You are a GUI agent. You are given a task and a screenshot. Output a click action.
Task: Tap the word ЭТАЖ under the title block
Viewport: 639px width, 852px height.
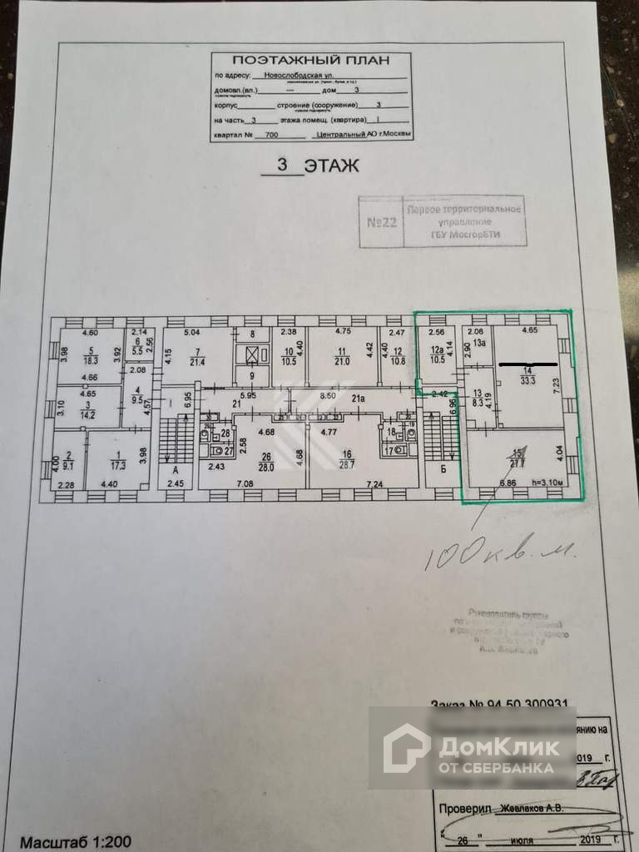(331, 165)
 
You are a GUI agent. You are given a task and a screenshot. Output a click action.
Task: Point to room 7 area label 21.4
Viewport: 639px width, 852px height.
(196, 361)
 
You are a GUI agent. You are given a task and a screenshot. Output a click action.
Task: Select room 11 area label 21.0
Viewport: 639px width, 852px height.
(342, 360)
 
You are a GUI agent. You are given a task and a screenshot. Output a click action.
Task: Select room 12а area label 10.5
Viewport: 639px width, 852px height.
(436, 359)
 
